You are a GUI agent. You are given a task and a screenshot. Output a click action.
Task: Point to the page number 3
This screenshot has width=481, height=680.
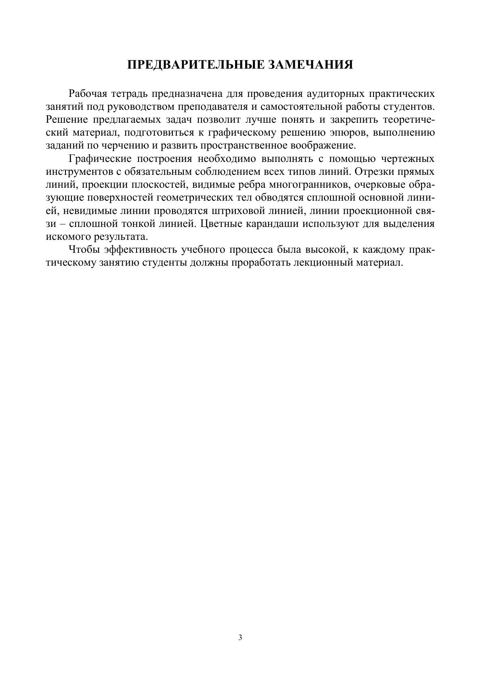coord(240,638)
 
